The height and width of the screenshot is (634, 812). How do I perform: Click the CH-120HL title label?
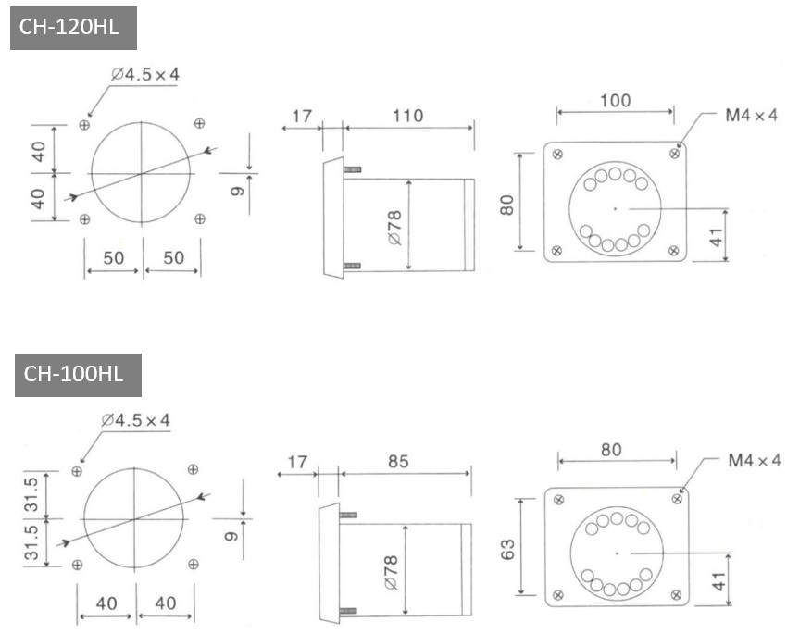click(x=73, y=27)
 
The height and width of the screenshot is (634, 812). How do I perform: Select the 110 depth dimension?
click(x=407, y=116)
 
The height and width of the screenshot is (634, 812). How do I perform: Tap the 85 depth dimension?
click(x=398, y=461)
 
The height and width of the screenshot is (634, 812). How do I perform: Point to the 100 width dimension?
click(x=616, y=101)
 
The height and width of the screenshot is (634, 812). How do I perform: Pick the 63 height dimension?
click(x=507, y=549)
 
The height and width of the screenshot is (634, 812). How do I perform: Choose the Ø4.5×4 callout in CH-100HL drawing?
click(x=136, y=420)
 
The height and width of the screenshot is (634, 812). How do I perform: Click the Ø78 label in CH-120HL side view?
click(x=394, y=227)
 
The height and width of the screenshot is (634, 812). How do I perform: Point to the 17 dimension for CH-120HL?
click(x=301, y=116)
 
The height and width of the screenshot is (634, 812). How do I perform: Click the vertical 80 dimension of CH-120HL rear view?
click(x=507, y=203)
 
